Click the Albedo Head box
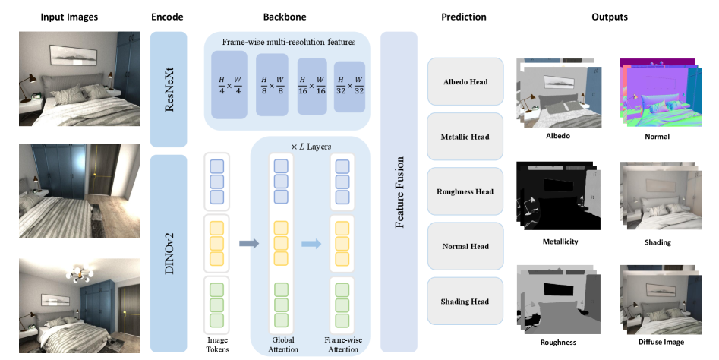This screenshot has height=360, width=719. coord(465,82)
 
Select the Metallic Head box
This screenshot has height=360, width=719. coord(465,137)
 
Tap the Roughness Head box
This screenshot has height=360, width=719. coord(465,191)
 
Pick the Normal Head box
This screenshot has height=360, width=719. coord(465,246)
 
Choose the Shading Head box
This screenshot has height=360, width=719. coord(465,302)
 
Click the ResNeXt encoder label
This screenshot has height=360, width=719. coord(169,89)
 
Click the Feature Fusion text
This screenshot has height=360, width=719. coord(399,192)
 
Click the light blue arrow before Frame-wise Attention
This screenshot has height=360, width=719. coord(307,244)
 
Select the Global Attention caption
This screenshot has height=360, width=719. coord(281,346)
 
